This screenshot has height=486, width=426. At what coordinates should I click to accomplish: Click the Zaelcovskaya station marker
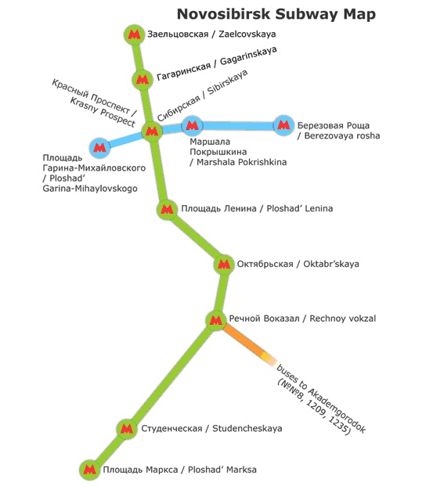click(134, 34)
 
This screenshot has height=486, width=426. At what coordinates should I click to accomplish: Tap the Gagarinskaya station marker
click(143, 80)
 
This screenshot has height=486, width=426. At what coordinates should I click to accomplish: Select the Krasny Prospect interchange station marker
click(152, 131)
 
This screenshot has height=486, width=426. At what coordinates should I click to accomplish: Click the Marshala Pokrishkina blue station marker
click(192, 125)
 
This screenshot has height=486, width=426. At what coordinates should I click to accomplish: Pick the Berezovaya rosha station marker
click(283, 125)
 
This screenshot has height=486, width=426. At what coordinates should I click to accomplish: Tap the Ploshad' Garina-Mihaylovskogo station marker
click(99, 148)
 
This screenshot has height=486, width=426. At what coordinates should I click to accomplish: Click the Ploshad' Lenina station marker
click(167, 210)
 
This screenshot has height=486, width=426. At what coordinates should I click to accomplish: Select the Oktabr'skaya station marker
click(224, 265)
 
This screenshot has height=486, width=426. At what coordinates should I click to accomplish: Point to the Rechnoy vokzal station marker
click(216, 320)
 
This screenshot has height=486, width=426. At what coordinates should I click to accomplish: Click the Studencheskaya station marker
click(127, 429)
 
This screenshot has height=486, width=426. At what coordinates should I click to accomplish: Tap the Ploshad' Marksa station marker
click(90, 470)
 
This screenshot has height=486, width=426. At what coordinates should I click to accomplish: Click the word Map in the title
click(359, 15)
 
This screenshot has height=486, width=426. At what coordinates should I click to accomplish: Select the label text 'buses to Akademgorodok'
click(322, 398)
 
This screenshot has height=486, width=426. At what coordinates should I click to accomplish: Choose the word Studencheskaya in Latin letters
click(247, 428)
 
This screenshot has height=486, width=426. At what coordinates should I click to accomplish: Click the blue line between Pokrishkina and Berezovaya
click(238, 125)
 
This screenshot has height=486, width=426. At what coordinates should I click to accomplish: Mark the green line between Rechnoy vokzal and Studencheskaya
click(171, 374)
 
